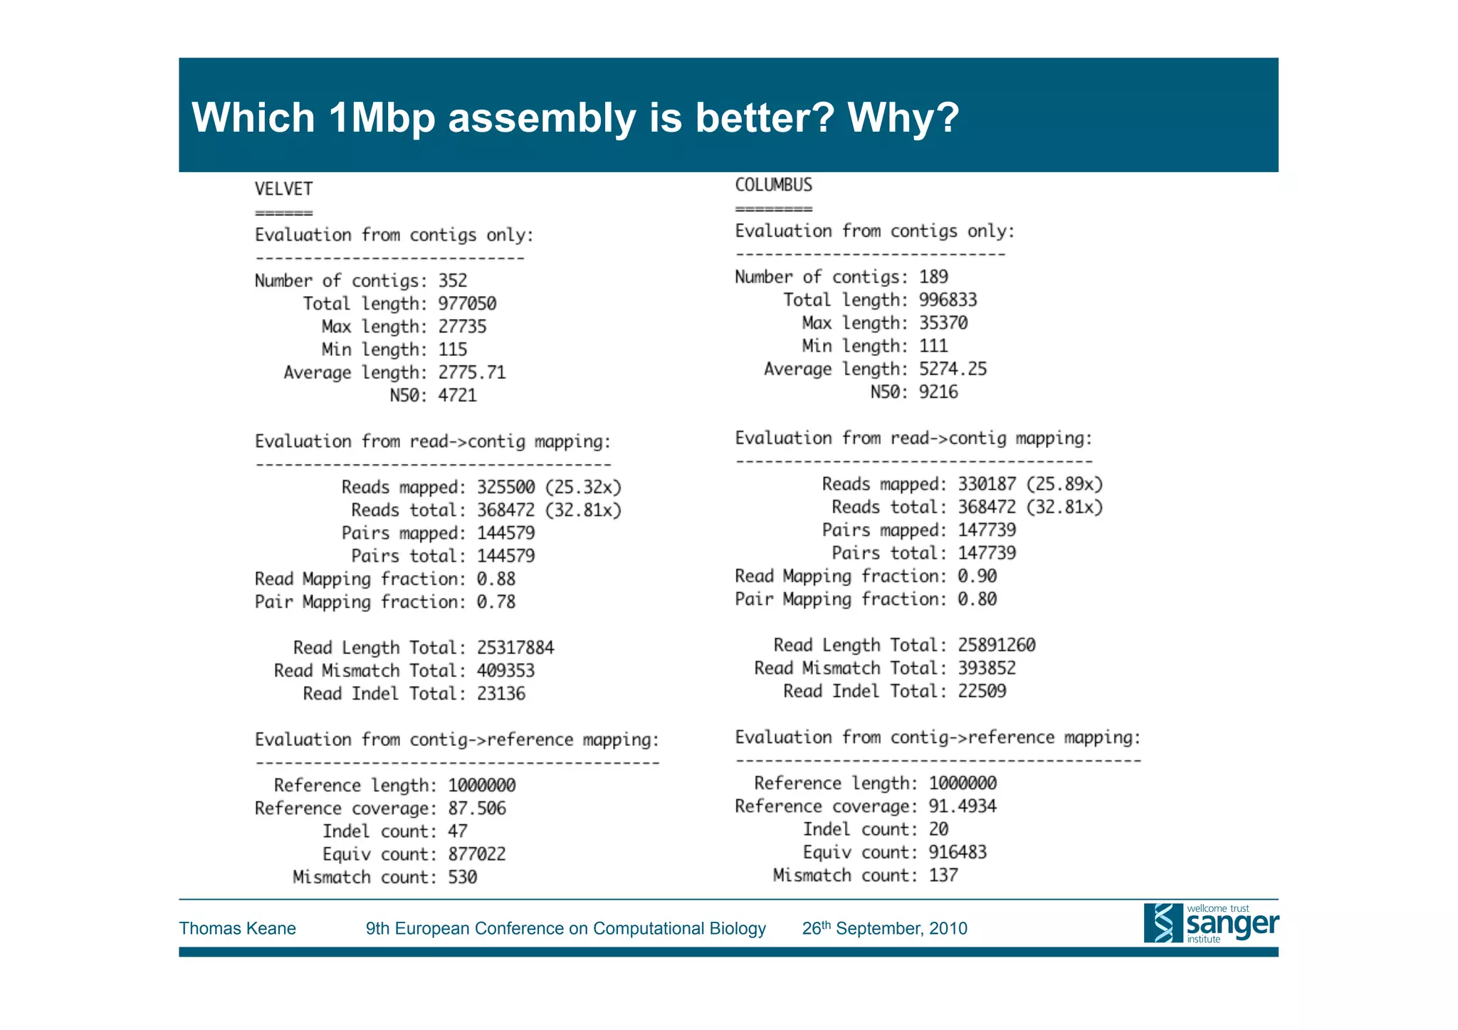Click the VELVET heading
[283, 189]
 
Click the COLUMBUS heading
[773, 185]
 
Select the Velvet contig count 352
[452, 280]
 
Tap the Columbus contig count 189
[933, 277]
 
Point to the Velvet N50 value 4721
[457, 395]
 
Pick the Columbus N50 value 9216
[938, 392]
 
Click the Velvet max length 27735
[462, 327]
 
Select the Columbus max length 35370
[943, 323]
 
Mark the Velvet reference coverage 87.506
[476, 809]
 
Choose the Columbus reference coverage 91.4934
[963, 806]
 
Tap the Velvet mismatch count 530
[462, 877]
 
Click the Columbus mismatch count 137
[943, 875]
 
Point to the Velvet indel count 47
[457, 831]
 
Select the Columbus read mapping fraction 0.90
[977, 576]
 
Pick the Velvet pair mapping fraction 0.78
[495, 602]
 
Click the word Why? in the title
[903, 117]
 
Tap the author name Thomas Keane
[237, 928]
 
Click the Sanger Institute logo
[1210, 923]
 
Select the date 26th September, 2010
[884, 928]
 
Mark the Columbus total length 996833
[948, 300]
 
